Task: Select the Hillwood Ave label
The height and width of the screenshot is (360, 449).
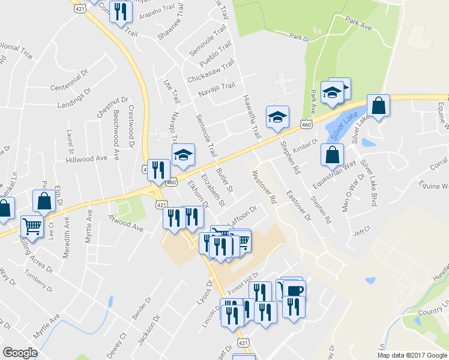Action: [87, 159]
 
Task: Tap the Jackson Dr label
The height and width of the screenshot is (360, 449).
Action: [148, 331]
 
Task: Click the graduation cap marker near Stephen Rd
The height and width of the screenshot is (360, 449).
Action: [278, 116]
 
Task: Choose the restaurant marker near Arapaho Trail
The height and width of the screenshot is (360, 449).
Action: [121, 11]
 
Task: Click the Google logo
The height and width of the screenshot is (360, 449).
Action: [20, 352]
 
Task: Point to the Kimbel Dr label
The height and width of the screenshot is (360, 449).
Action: [305, 145]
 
